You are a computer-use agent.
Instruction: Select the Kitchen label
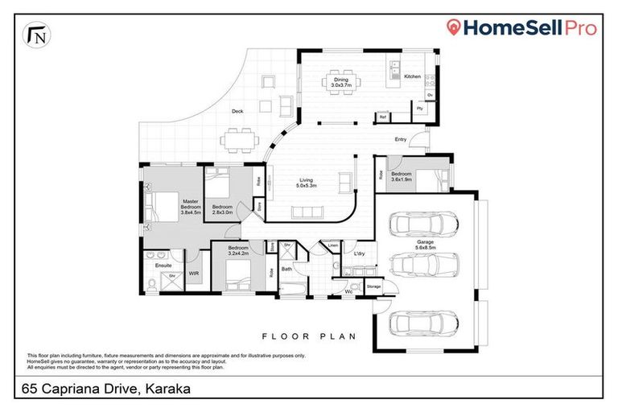[412, 76]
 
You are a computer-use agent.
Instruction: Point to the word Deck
[237, 112]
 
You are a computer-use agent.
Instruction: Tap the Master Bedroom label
[190, 207]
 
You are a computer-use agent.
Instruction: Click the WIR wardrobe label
[193, 274]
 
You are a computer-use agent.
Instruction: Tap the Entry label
[401, 140]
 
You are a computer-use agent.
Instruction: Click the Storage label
[373, 286]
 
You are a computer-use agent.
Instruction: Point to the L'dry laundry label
[360, 254]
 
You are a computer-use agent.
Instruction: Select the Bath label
[286, 269]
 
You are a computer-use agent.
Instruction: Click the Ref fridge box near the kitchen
[383, 117]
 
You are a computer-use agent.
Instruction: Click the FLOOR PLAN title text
[308, 336]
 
